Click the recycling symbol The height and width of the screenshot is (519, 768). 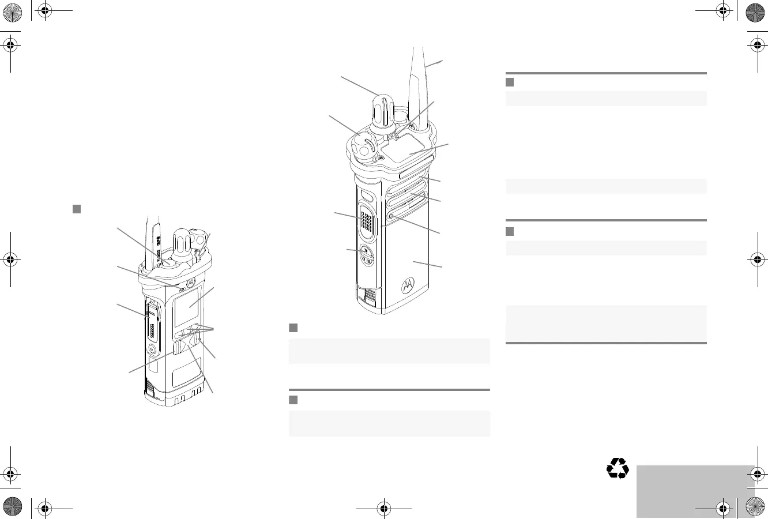coord(618,468)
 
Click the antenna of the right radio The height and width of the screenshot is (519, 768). coord(420,86)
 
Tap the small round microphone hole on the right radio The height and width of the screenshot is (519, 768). coord(391,216)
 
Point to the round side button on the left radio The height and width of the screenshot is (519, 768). coord(152,349)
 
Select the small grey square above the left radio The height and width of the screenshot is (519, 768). coord(76,208)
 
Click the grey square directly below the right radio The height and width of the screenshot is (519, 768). coord(293,328)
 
